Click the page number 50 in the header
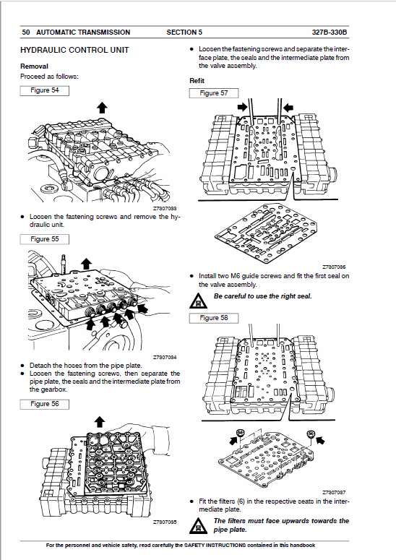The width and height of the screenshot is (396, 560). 26,33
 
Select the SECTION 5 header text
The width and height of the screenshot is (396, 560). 184,33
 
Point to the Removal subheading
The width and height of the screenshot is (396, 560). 34,66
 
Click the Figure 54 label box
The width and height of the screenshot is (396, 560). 45,90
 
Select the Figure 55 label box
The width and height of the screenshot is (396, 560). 45,238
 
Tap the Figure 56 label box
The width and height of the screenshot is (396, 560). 45,404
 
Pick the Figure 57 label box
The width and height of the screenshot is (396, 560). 213,93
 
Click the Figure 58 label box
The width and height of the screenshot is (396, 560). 213,318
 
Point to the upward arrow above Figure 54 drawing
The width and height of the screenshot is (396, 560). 101,107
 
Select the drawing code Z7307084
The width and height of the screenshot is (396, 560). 165,357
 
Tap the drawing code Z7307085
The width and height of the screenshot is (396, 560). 165,522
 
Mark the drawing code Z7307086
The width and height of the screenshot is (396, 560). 334,267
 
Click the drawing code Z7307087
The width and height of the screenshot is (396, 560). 334,492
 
